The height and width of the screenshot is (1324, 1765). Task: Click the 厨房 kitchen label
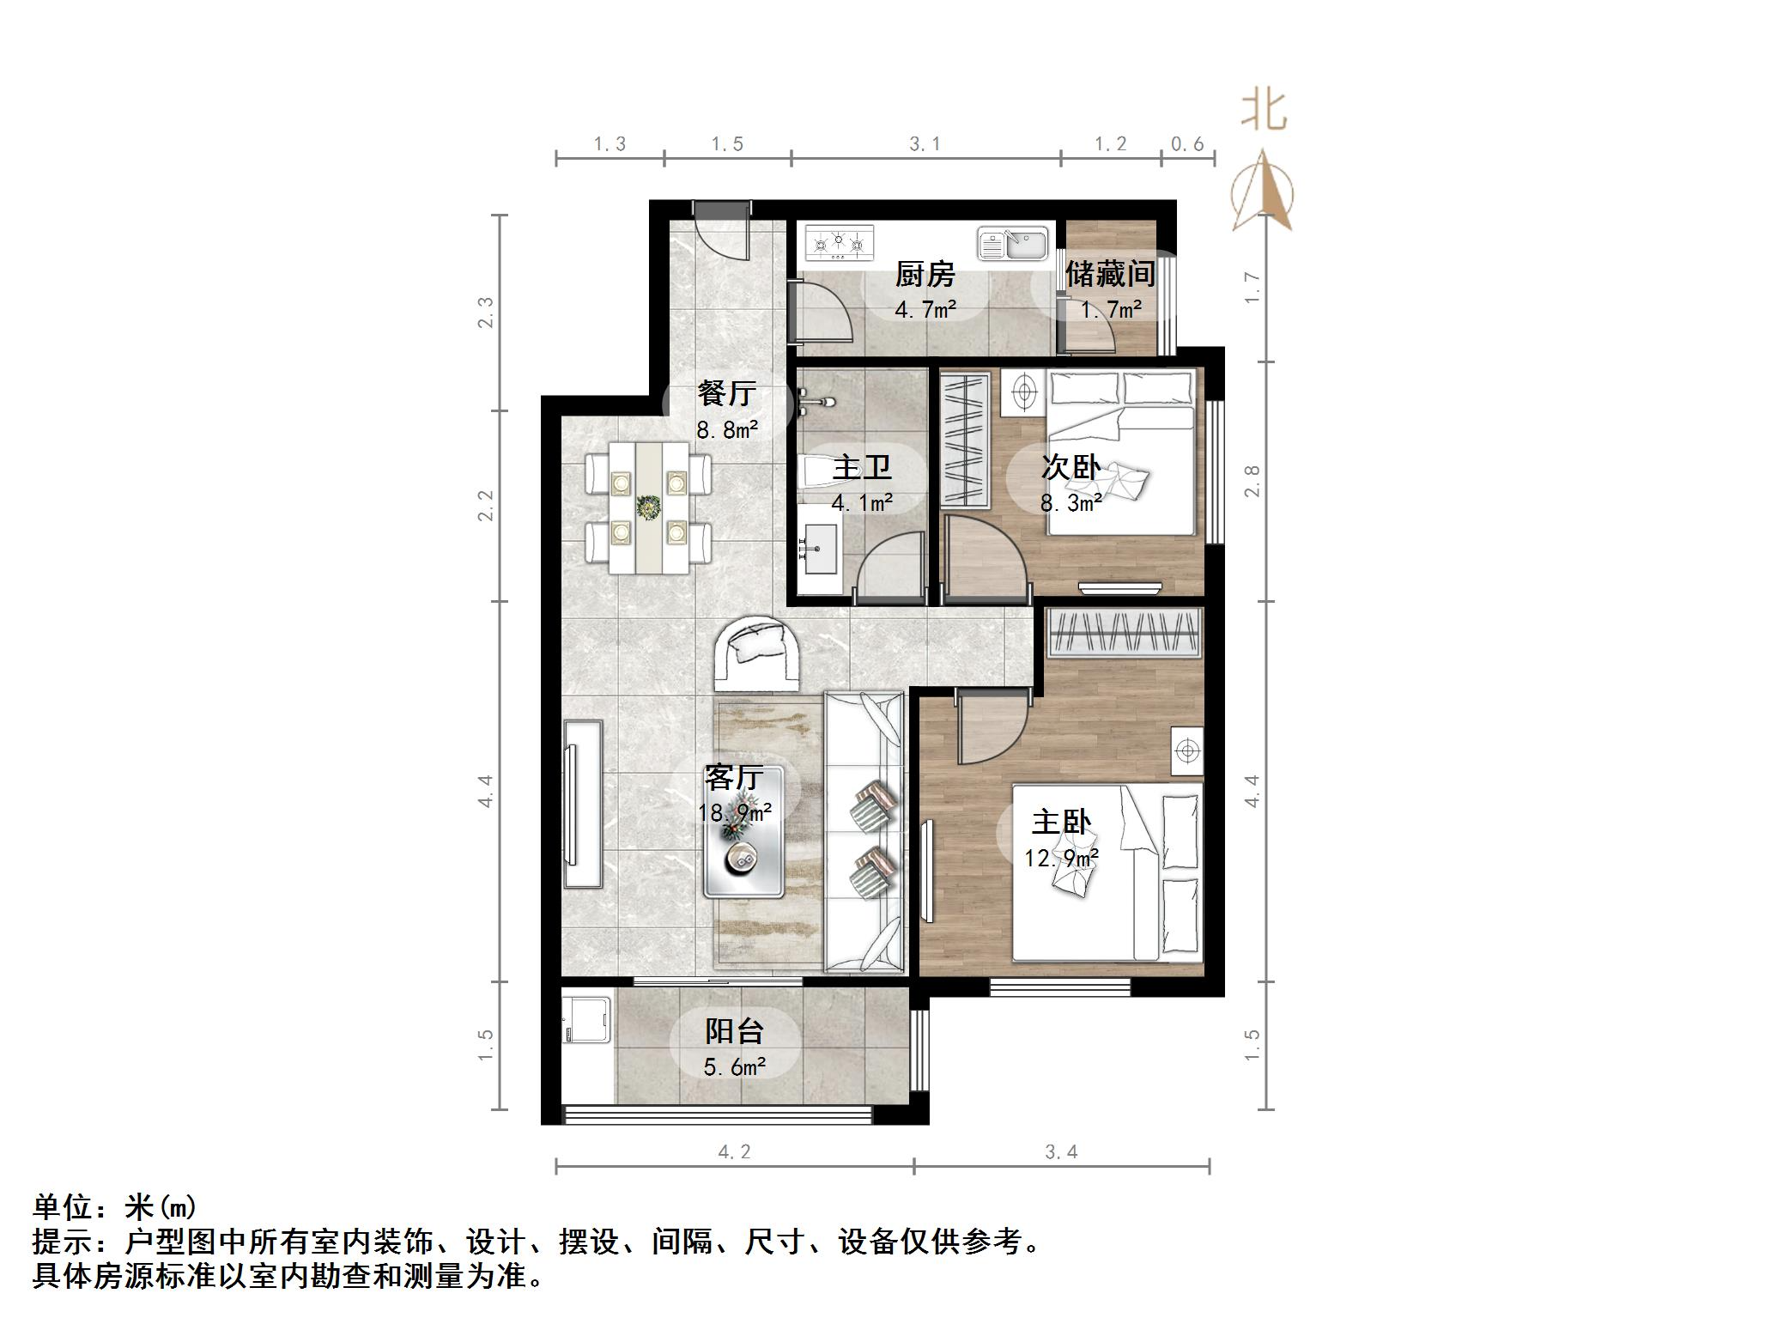(925, 276)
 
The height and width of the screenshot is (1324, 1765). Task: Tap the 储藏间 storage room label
(1110, 275)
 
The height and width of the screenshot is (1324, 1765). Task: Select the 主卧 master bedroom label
(1061, 823)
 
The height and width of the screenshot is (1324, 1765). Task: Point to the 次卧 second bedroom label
(1071, 467)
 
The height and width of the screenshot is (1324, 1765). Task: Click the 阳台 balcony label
(734, 1030)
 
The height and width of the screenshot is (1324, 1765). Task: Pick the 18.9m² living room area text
(735, 812)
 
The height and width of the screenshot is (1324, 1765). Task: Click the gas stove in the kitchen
(839, 243)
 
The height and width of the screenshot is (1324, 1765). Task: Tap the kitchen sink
(1013, 244)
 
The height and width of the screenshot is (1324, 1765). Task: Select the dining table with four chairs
(648, 507)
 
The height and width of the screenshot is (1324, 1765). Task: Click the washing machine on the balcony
(586, 1019)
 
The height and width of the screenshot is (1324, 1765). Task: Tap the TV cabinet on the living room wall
(583, 804)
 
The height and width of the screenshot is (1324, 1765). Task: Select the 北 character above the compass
(1265, 112)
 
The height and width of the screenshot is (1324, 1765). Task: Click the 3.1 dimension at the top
(925, 144)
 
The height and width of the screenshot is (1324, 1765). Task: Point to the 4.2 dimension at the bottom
(734, 1151)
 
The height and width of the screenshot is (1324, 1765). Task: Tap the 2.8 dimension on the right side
(1252, 481)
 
